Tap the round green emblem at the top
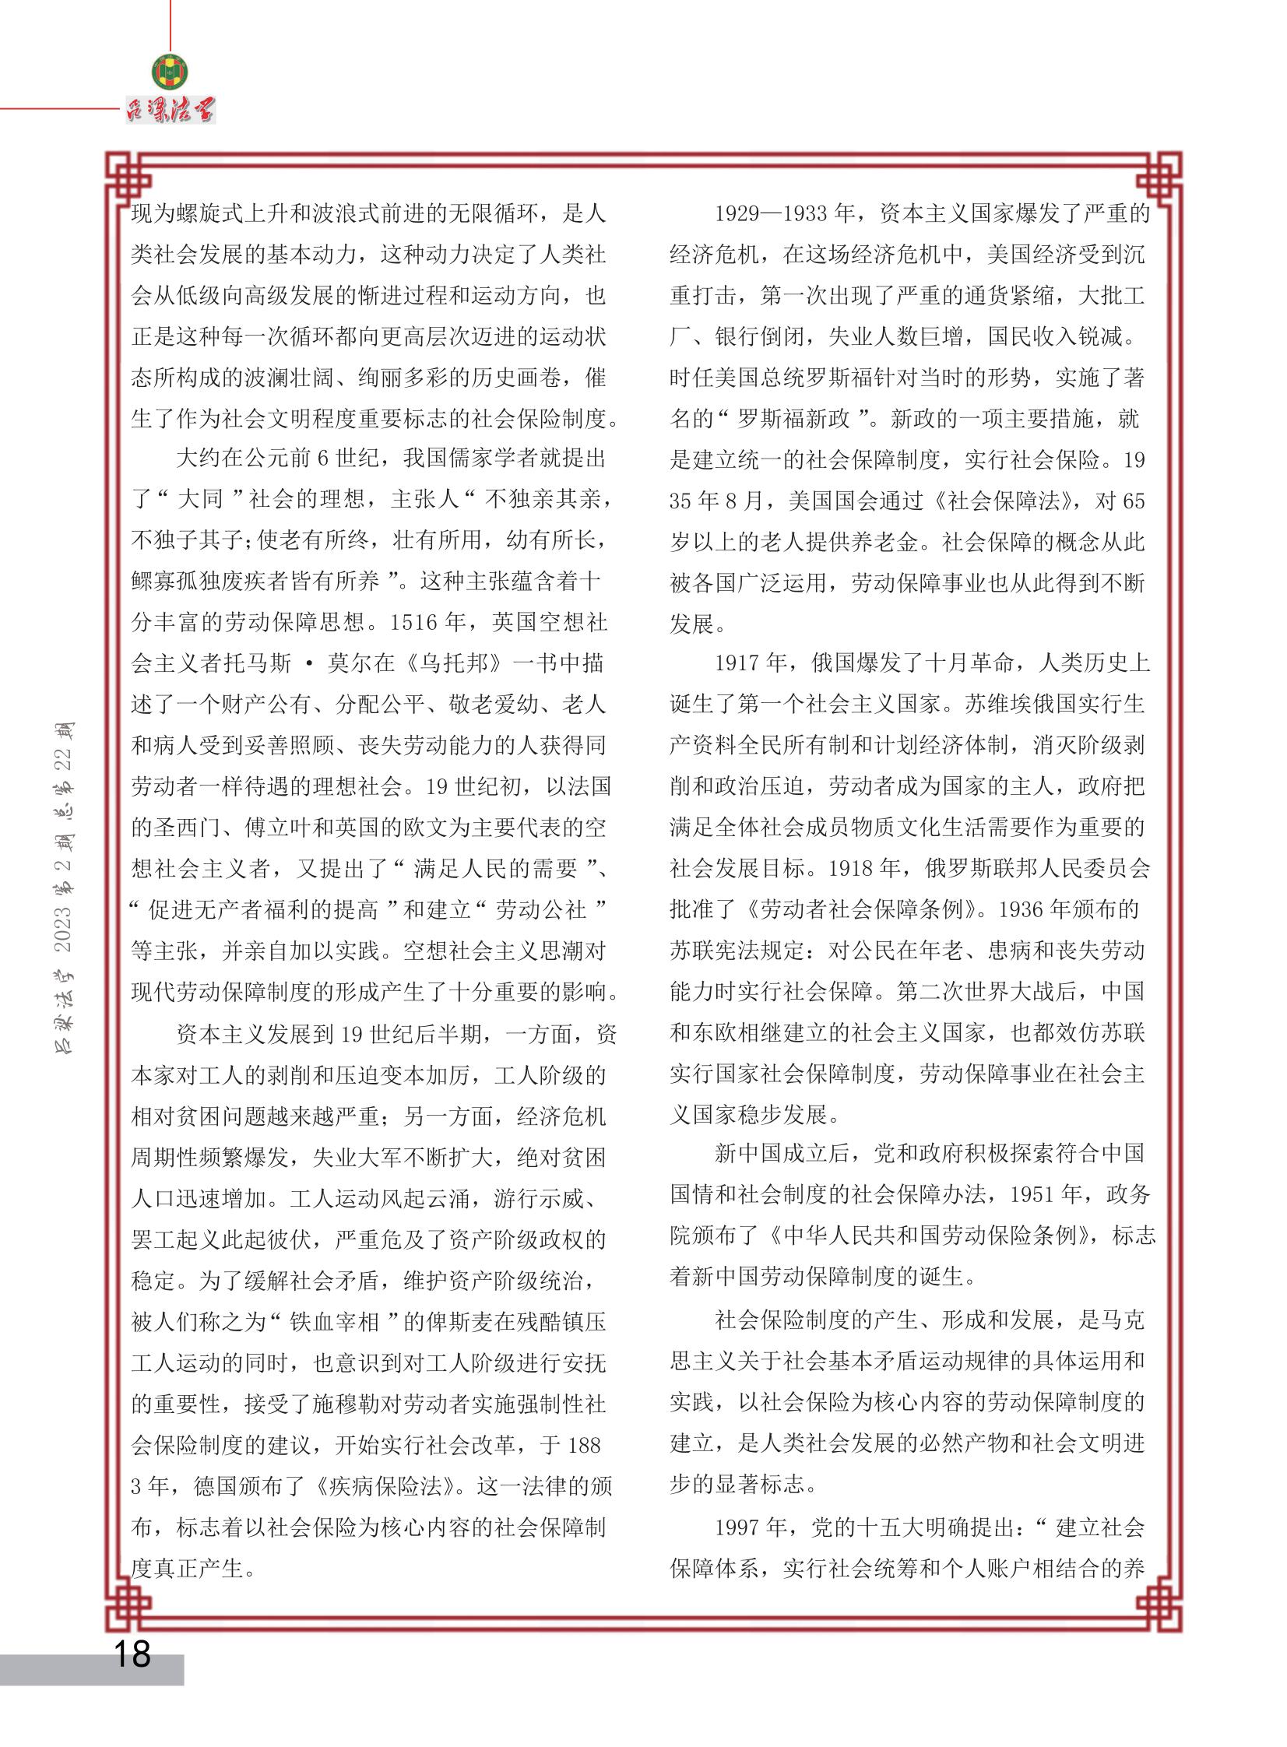[x=170, y=73]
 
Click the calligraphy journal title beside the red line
[x=171, y=110]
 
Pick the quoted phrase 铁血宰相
[x=335, y=1322]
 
